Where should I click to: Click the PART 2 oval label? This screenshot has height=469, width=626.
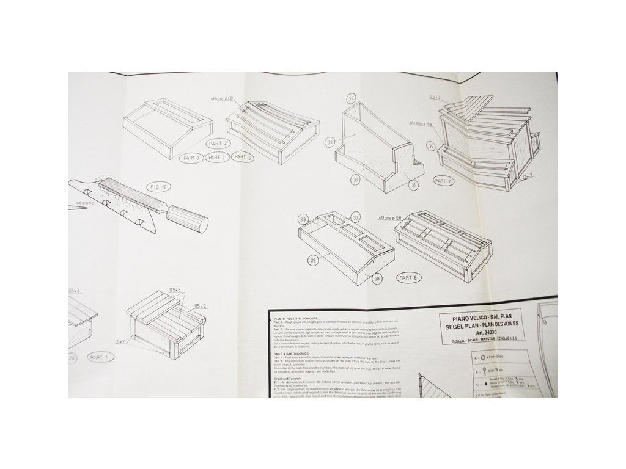[218, 143]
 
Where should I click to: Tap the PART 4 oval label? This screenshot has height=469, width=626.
[217, 158]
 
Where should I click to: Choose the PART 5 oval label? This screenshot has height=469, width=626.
[243, 158]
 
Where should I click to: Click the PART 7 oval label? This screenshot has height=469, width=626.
[441, 181]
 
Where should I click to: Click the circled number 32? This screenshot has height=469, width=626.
[351, 98]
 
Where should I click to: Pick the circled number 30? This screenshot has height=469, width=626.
[357, 218]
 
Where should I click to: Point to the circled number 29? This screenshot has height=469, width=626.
[313, 261]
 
